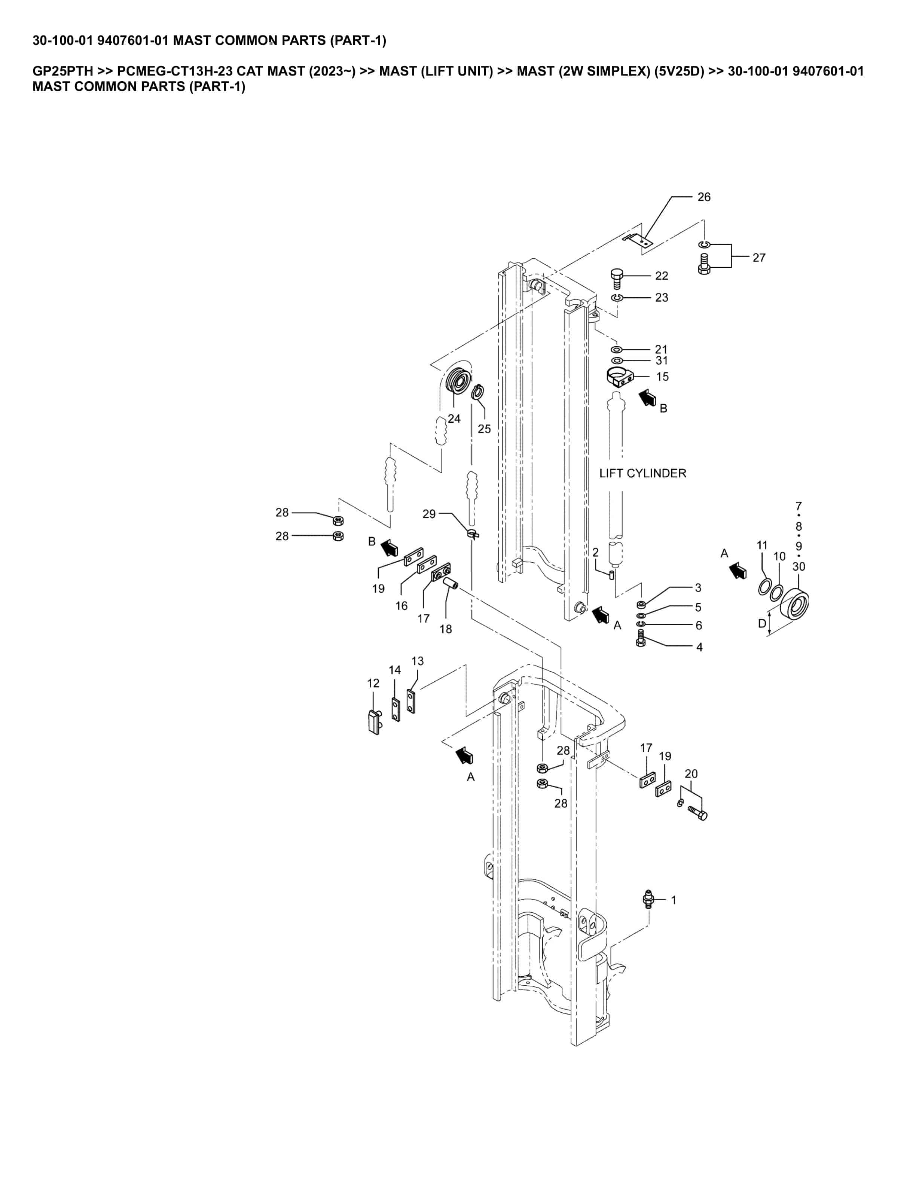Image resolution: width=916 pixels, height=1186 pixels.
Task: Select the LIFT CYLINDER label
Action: click(x=642, y=474)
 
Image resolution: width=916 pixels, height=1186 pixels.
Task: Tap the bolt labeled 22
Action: click(x=617, y=279)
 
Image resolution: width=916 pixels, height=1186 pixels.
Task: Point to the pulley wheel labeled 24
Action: click(x=458, y=383)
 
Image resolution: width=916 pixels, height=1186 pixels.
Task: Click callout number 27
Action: click(x=758, y=258)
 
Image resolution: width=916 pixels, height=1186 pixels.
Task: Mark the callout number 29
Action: click(x=429, y=514)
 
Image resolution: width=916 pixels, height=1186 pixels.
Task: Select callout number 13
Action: click(x=417, y=661)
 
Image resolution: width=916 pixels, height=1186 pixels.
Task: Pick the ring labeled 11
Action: click(x=763, y=587)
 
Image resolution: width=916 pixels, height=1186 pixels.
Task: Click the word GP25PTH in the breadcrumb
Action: click(x=63, y=71)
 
